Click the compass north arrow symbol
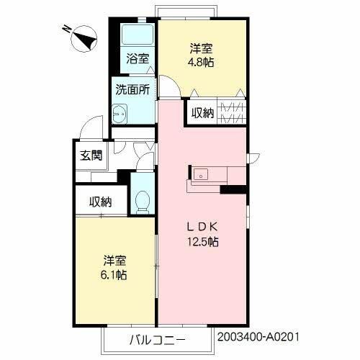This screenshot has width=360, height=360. [x=84, y=38]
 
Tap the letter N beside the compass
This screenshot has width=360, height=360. [x=67, y=30]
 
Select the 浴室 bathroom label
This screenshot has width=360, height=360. [x=138, y=58]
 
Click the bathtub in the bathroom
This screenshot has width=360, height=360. [x=138, y=35]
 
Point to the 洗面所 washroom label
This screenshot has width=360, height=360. [x=132, y=90]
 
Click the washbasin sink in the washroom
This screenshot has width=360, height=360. [x=120, y=114]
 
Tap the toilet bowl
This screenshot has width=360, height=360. [x=143, y=202]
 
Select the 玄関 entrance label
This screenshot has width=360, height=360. [x=91, y=156]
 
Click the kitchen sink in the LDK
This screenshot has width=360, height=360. [x=201, y=174]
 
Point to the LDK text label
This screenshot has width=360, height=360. [x=202, y=227]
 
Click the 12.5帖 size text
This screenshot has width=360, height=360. [x=203, y=242]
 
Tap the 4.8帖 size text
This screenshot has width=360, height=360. [x=201, y=63]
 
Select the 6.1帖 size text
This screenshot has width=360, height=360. [x=114, y=275]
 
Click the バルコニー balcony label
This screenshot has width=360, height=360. [x=158, y=340]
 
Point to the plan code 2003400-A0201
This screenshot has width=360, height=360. [x=258, y=337]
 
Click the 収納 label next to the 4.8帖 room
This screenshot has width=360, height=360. [x=202, y=113]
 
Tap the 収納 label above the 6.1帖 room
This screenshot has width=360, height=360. [x=101, y=202]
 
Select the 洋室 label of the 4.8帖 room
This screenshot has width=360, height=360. [x=201, y=48]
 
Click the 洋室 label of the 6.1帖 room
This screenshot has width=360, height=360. [x=114, y=261]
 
